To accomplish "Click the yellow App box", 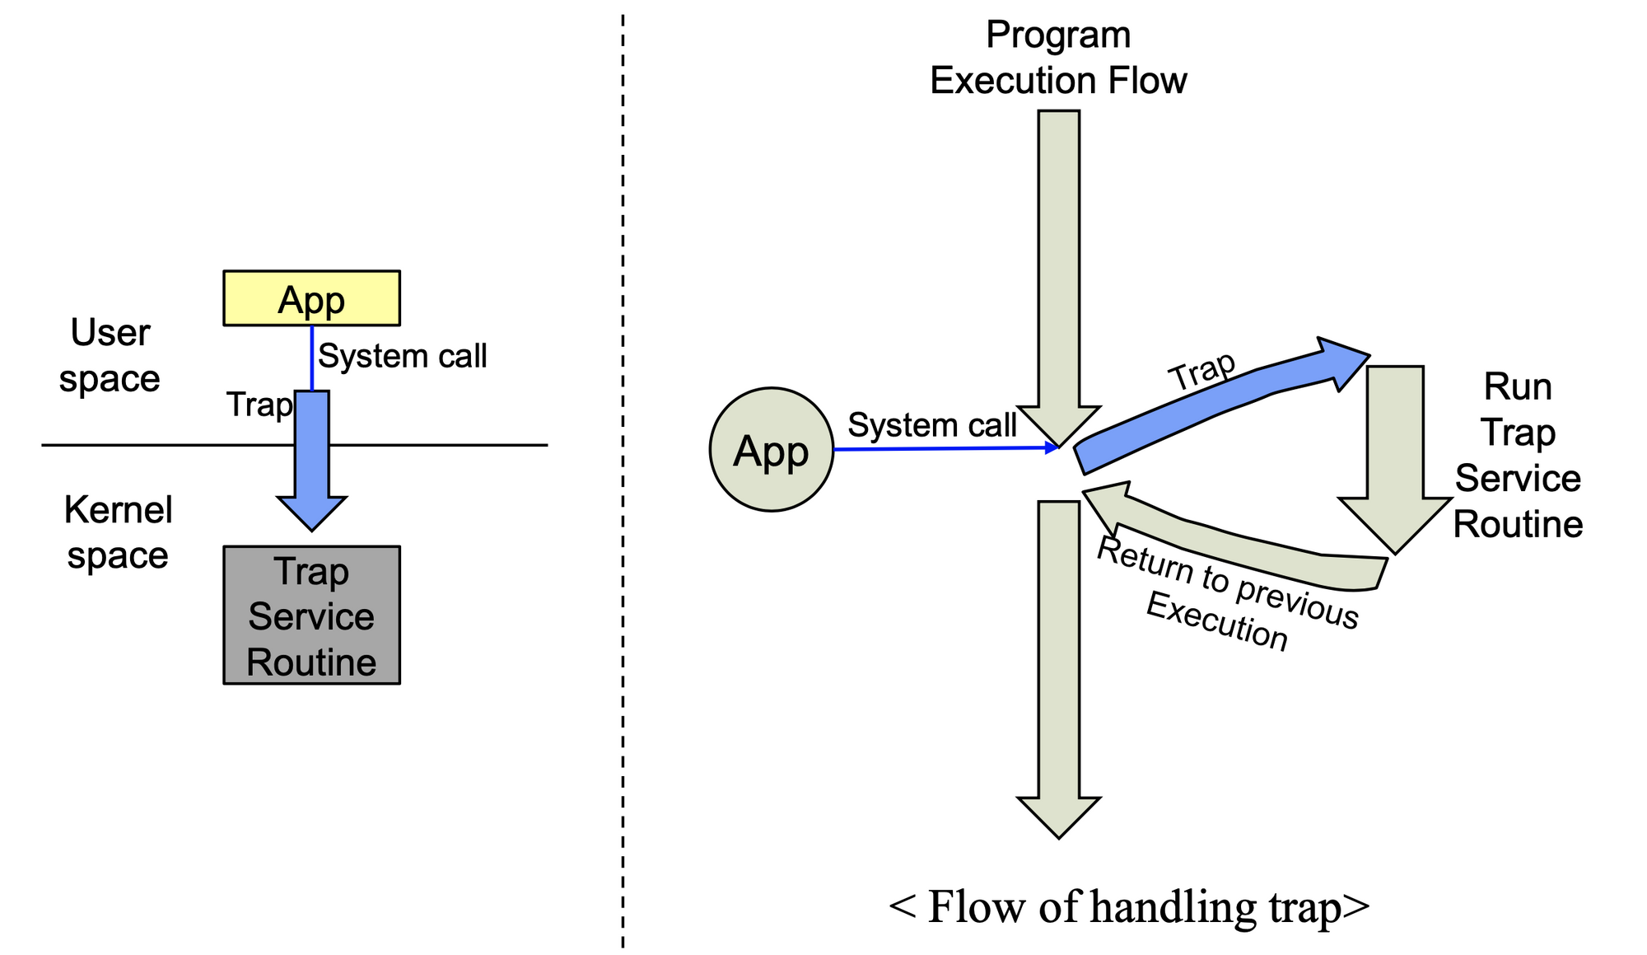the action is click(311, 298).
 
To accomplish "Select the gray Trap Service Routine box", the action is click(311, 615).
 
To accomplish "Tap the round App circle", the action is click(772, 450).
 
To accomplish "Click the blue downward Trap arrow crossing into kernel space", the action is click(312, 460).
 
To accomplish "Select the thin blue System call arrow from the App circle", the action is click(945, 449).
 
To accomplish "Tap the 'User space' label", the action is click(110, 356).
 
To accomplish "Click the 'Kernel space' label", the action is click(118, 532).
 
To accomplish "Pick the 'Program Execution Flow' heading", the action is click(1058, 58).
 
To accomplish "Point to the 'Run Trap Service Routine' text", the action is click(1518, 456).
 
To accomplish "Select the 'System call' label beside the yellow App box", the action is click(403, 356).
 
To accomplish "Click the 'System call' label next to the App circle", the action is click(932, 425).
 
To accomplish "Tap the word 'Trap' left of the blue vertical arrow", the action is click(259, 405).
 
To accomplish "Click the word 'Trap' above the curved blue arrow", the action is click(1203, 371).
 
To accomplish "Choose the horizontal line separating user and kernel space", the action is click(295, 445).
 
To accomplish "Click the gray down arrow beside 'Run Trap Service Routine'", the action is click(1395, 459).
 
